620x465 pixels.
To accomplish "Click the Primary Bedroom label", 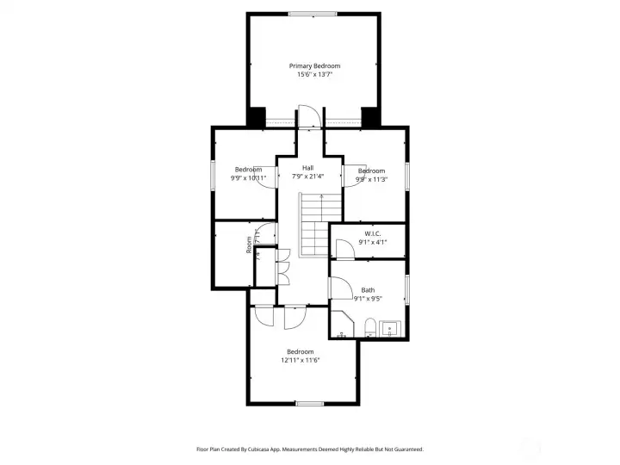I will [x=314, y=66].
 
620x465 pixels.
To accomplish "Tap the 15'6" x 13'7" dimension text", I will [x=314, y=75].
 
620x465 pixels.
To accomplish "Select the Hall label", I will [x=307, y=168].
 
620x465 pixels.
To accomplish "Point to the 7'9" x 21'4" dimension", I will [x=307, y=177].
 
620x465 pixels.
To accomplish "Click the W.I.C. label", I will [x=372, y=233].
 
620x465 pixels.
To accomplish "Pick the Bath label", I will [x=368, y=290].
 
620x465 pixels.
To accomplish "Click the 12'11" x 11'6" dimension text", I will [x=300, y=360].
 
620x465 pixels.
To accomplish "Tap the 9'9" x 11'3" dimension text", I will [x=372, y=179].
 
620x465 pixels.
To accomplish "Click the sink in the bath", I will [x=389, y=328].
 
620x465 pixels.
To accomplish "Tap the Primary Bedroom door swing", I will [x=309, y=115].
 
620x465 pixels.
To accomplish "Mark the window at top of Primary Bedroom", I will [x=313, y=14].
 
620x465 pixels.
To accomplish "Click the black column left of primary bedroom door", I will [x=257, y=116].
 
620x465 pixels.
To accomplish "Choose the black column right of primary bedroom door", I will [x=370, y=116].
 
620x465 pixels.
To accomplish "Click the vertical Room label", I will [x=249, y=245].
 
